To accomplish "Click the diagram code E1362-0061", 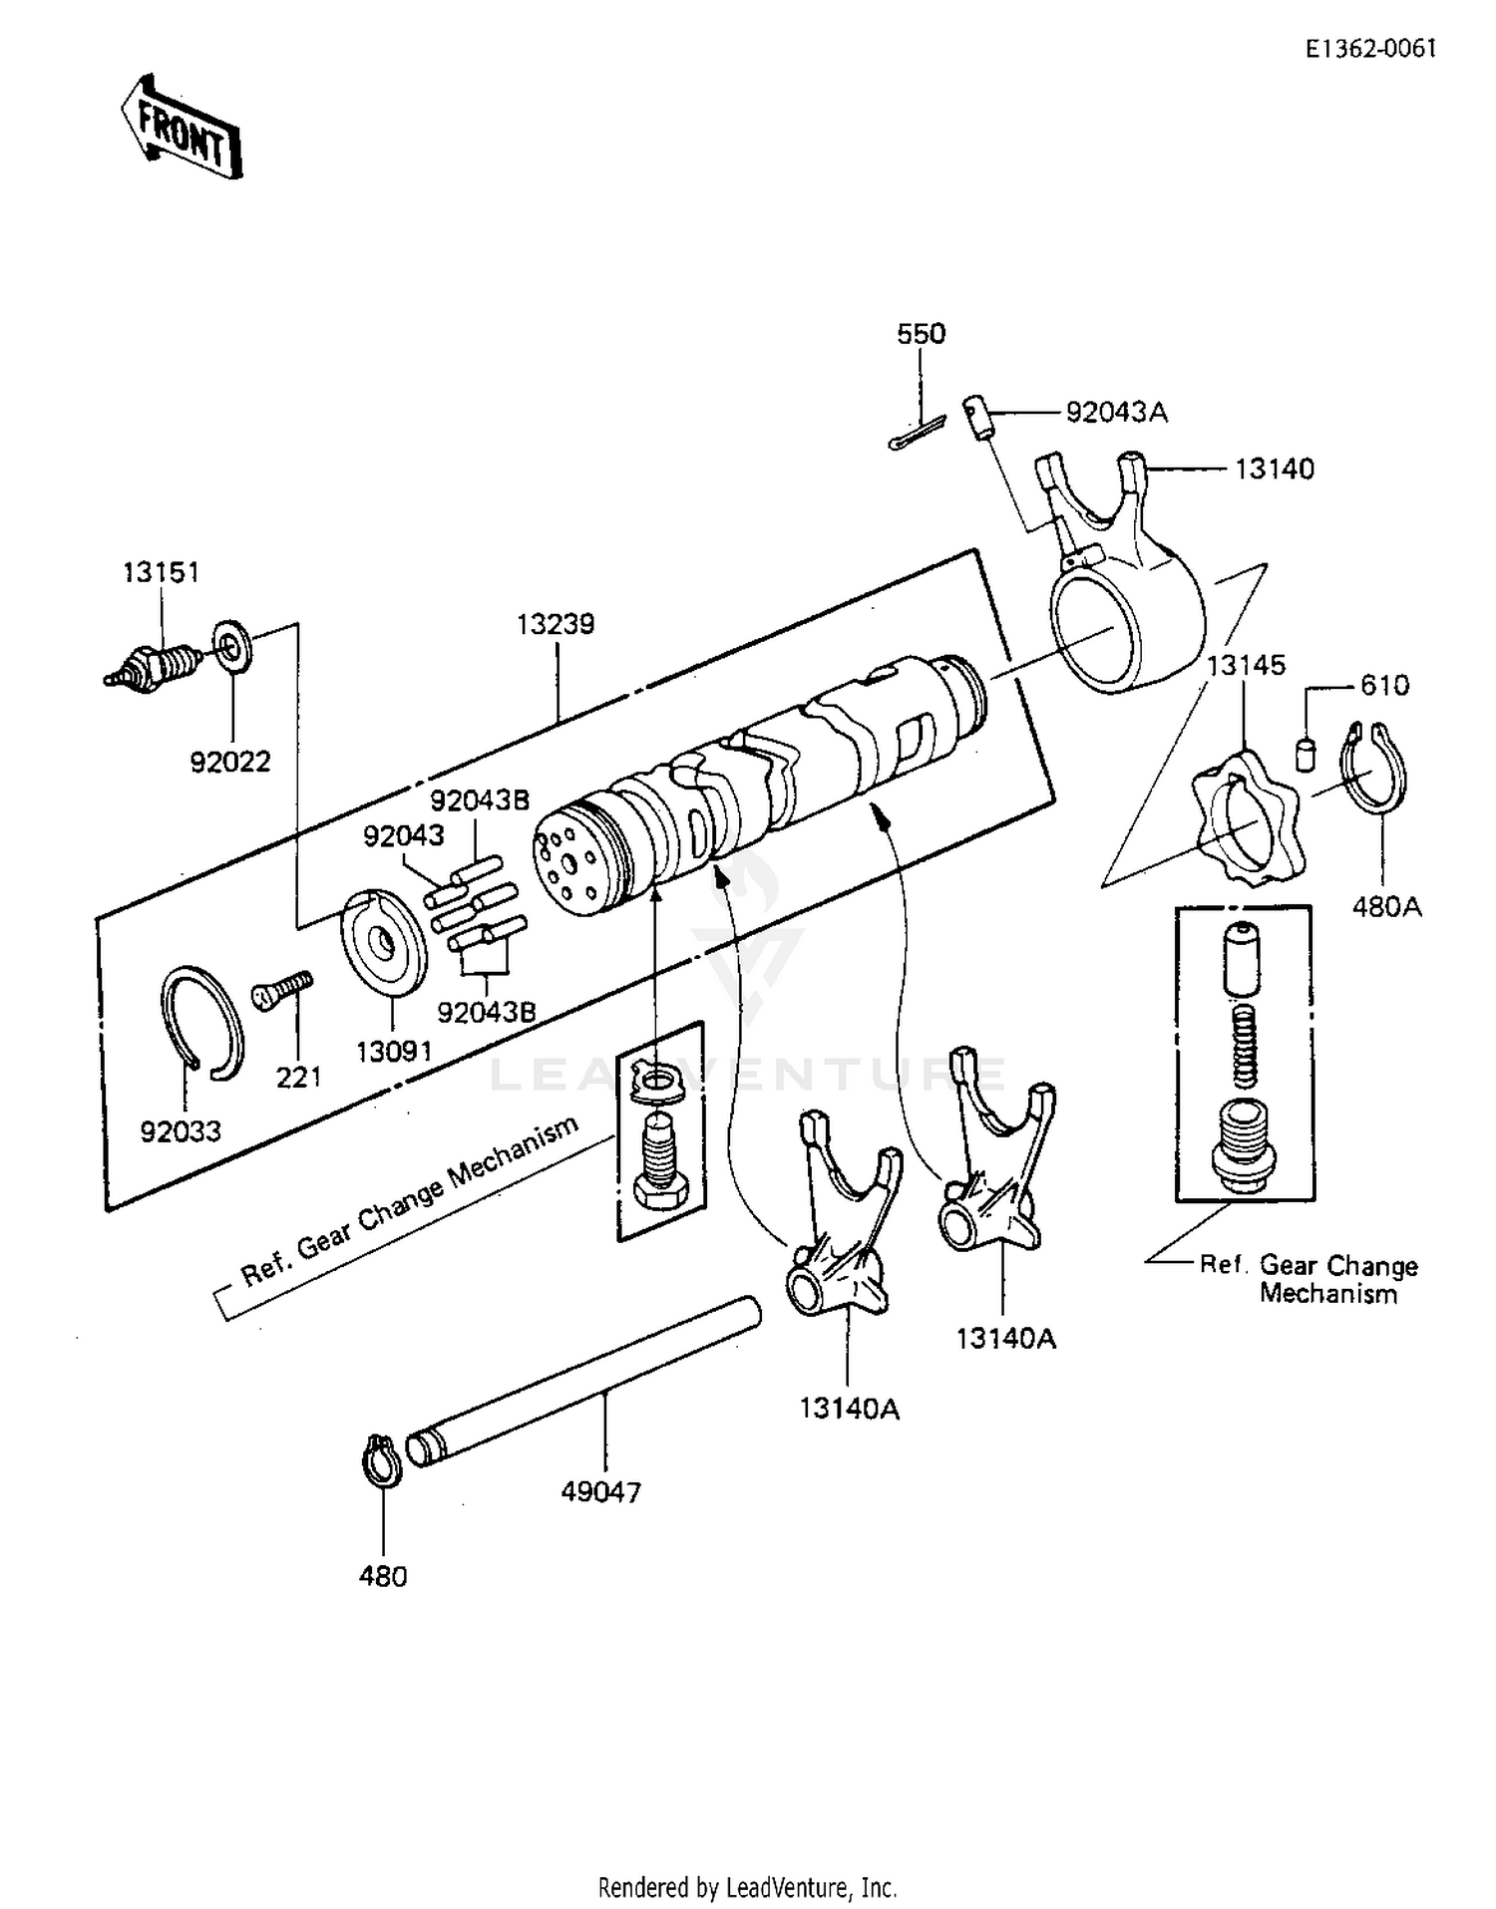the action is pos(1372,49).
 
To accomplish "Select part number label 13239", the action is pos(556,624).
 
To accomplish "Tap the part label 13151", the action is pos(162,572).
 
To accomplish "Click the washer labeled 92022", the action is pos(233,646).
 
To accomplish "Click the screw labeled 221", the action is pos(283,990).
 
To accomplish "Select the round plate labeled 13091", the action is pos(385,941).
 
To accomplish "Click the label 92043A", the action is pos(1116,412).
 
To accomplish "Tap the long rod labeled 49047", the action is pos(583,1381).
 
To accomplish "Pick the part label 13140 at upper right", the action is pos(1275,469).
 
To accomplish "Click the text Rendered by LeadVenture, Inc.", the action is pos(747,1887).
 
